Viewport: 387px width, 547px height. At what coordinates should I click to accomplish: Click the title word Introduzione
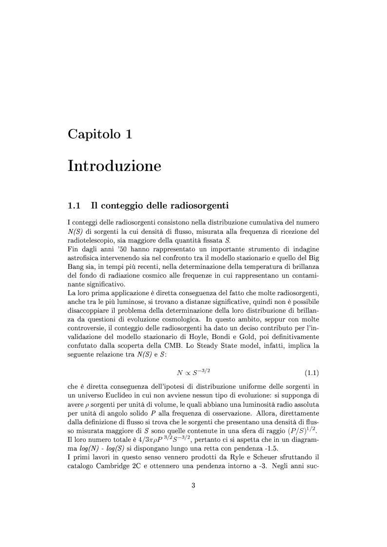[115, 166]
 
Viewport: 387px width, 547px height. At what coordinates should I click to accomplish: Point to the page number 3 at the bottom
[193, 471]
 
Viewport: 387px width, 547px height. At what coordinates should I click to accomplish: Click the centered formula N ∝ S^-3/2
[193, 373]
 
